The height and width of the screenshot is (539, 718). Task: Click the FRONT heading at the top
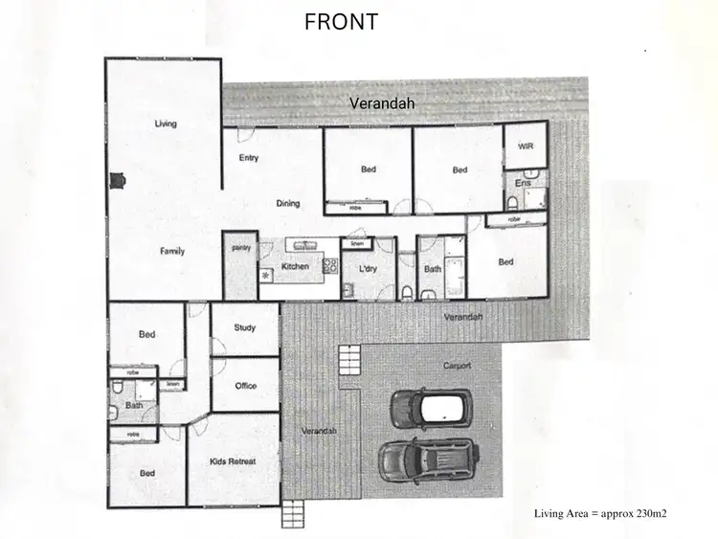pyautogui.click(x=341, y=22)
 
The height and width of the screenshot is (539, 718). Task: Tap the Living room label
pyautogui.click(x=166, y=124)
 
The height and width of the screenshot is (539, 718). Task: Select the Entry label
pyautogui.click(x=249, y=158)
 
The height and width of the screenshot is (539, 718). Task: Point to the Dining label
pyautogui.click(x=288, y=203)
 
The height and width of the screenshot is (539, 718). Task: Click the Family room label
pyautogui.click(x=172, y=251)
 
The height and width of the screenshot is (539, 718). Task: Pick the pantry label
pyautogui.click(x=240, y=248)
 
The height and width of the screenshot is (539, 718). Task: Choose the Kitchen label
pyautogui.click(x=295, y=266)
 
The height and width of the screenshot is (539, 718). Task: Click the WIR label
pyautogui.click(x=525, y=146)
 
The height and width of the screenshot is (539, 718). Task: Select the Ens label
pyautogui.click(x=523, y=182)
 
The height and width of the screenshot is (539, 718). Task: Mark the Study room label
pyautogui.click(x=245, y=327)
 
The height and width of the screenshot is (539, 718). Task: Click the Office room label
pyautogui.click(x=246, y=386)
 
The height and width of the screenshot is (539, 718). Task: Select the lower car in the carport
pyautogui.click(x=428, y=460)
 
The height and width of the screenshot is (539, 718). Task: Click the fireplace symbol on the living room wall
pyautogui.click(x=117, y=180)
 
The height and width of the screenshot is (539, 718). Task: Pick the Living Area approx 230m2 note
pyautogui.click(x=599, y=514)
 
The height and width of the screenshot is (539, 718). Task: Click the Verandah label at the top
pyautogui.click(x=380, y=102)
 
